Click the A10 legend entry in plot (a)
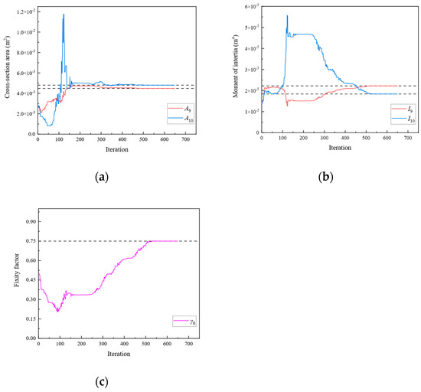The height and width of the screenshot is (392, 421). pos(177,119)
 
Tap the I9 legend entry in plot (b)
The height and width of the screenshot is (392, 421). pos(400,110)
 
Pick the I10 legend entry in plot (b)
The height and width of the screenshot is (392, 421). pos(400,119)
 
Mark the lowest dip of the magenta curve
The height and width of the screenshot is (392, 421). pos(57,311)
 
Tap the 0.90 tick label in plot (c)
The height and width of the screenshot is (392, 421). pos(29,222)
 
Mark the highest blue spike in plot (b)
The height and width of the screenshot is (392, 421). pos(287,16)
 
